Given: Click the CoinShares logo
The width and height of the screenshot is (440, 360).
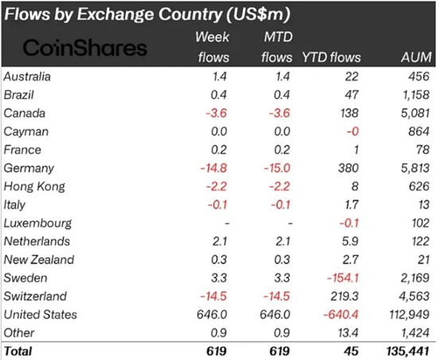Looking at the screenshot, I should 85,48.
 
